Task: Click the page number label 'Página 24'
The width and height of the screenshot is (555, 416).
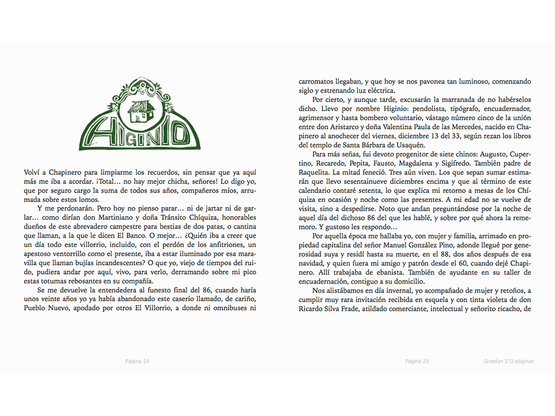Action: point(137,361)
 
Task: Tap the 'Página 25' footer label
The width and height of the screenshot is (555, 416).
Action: point(417,361)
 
